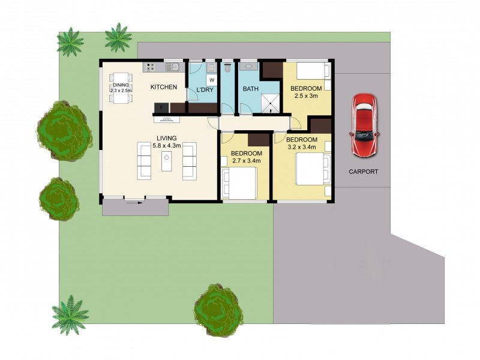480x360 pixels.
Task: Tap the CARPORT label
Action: point(364,172)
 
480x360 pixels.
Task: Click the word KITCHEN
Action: point(163,88)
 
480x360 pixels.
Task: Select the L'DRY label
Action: point(205,91)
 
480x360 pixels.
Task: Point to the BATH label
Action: point(250,89)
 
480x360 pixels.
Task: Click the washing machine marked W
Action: point(212,79)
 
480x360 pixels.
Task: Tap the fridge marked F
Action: point(161,108)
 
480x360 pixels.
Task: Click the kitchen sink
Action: point(173,67)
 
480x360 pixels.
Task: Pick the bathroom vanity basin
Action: point(247,67)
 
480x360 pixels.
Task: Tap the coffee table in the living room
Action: point(167,161)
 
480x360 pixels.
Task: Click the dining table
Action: point(121,88)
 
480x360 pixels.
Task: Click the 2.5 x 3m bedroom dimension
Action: point(306,97)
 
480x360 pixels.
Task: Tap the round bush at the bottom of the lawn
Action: point(218,310)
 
